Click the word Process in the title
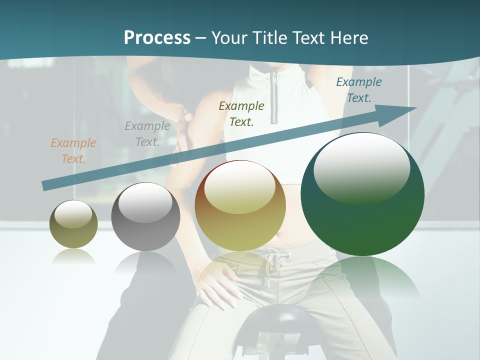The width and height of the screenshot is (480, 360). tap(157, 38)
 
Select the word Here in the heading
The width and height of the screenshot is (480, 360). tap(349, 38)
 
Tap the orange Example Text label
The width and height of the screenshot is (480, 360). tap(73, 151)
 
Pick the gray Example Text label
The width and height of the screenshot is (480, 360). tap(147, 134)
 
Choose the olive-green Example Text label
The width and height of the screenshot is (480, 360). tap(241, 113)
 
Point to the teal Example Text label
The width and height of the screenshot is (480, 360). tap(358, 90)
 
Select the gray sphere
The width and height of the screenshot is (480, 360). tap(145, 217)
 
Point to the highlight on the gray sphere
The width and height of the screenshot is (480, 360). tap(145, 203)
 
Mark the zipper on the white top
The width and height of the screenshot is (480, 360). tap(274, 97)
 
